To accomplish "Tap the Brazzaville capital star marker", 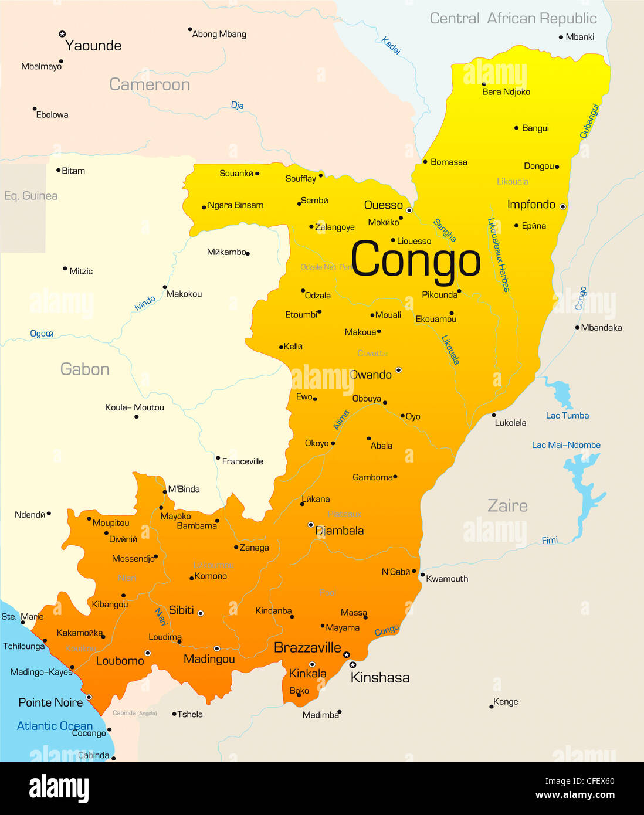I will (347, 654).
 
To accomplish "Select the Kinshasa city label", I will (380, 678).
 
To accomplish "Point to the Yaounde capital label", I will (93, 46).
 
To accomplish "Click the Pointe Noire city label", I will (50, 702).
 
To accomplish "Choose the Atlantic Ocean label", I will (55, 726).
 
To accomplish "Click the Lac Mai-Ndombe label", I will (566, 445).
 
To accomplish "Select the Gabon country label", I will (85, 369).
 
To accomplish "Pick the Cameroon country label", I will (150, 84).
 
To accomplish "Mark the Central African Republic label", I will (513, 19).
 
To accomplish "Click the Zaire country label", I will (507, 505).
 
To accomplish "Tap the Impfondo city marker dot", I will (562, 206).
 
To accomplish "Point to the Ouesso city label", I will (384, 205).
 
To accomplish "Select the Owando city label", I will (371, 375).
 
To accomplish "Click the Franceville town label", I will (243, 461).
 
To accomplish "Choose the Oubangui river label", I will (589, 121).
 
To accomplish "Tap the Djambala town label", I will (340, 531).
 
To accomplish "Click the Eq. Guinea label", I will (30, 196).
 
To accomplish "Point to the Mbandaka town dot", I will (577, 328).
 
